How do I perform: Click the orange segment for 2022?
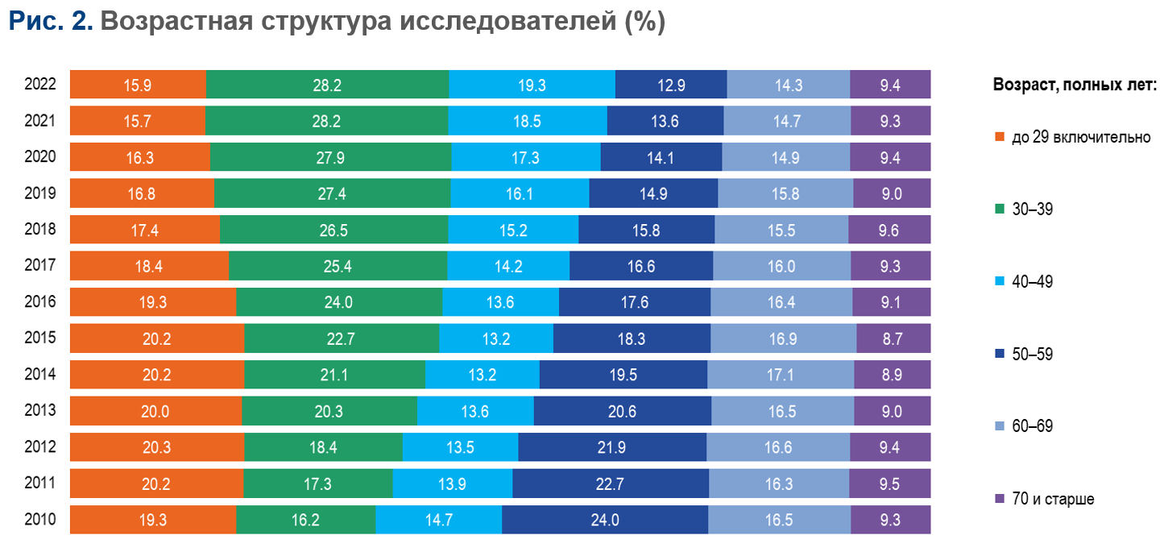pyautogui.click(x=138, y=85)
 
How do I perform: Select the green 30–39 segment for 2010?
pyautogui.click(x=305, y=520)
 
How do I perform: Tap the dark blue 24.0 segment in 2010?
pyautogui.click(x=604, y=520)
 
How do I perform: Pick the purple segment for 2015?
pyautogui.click(x=893, y=338)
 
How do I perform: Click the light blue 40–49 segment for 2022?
pyautogui.click(x=532, y=85)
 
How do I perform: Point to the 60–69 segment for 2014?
pyautogui.click(x=780, y=375)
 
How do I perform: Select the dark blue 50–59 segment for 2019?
pyautogui.click(x=653, y=193)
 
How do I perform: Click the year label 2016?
pyautogui.click(x=39, y=301)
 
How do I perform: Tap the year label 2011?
pyautogui.click(x=39, y=483)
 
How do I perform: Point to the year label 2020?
pyautogui.click(x=39, y=156)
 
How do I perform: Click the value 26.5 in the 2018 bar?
pyautogui.click(x=333, y=230)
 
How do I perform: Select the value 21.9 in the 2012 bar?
pyautogui.click(x=611, y=447)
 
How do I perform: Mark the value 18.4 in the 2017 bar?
pyautogui.click(x=149, y=266)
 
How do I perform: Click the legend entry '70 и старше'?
pyautogui.click(x=1052, y=500)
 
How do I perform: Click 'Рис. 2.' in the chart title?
pyautogui.click(x=51, y=23)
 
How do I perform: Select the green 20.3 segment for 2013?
pyautogui.click(x=329, y=411)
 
